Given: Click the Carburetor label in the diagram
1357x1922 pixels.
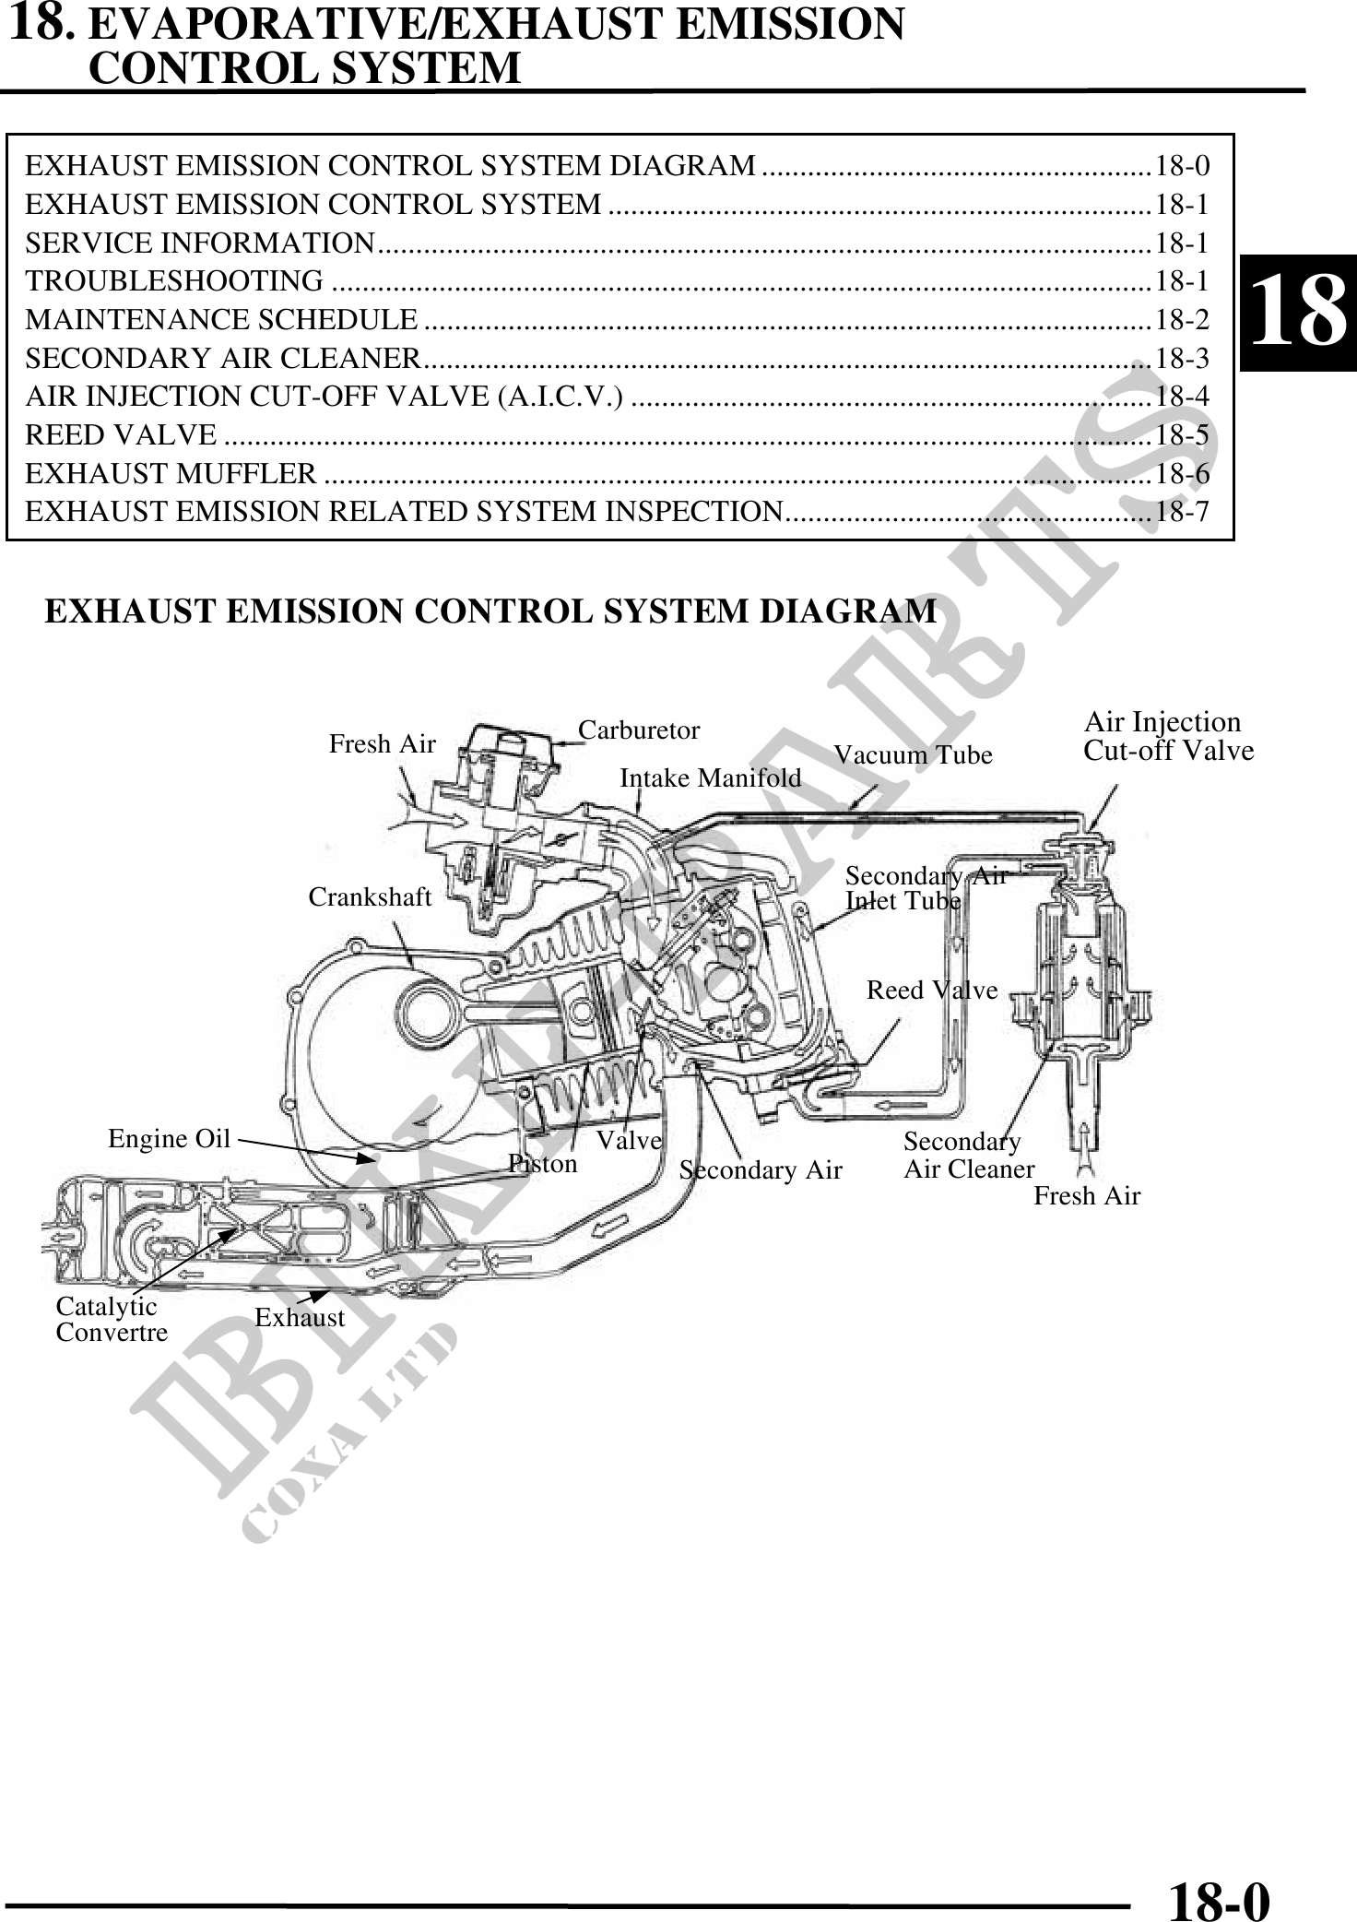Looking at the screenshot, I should pyautogui.click(x=639, y=730).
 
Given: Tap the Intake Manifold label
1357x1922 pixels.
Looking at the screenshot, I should pyautogui.click(x=710, y=778).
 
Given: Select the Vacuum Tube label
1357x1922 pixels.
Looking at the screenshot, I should pyautogui.click(x=913, y=755).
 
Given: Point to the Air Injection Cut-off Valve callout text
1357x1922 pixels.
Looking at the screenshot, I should pyautogui.click(x=1168, y=736).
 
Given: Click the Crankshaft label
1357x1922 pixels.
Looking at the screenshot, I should pyautogui.click(x=370, y=897).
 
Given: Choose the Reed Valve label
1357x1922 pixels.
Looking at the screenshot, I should pyautogui.click(x=932, y=991).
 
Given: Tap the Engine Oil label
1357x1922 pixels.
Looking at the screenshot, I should pyautogui.click(x=169, y=1139).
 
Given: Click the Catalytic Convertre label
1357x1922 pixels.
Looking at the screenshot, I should pyautogui.click(x=112, y=1320).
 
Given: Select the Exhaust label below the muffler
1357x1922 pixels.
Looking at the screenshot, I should pyautogui.click(x=300, y=1318).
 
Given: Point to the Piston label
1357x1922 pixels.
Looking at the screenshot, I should pyautogui.click(x=543, y=1164).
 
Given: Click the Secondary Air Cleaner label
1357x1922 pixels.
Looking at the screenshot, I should pyautogui.click(x=968, y=1156).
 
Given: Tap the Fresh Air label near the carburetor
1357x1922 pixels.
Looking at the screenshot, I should pyautogui.click(x=382, y=744).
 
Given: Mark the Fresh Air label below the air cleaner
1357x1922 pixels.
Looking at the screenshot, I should pyautogui.click(x=1087, y=1196).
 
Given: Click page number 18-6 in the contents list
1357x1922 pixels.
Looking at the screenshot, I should pyautogui.click(x=1182, y=474).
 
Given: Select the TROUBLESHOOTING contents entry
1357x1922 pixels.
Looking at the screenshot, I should pyautogui.click(x=174, y=280).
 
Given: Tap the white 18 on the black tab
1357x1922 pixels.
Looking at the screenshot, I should pyautogui.click(x=1298, y=312).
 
